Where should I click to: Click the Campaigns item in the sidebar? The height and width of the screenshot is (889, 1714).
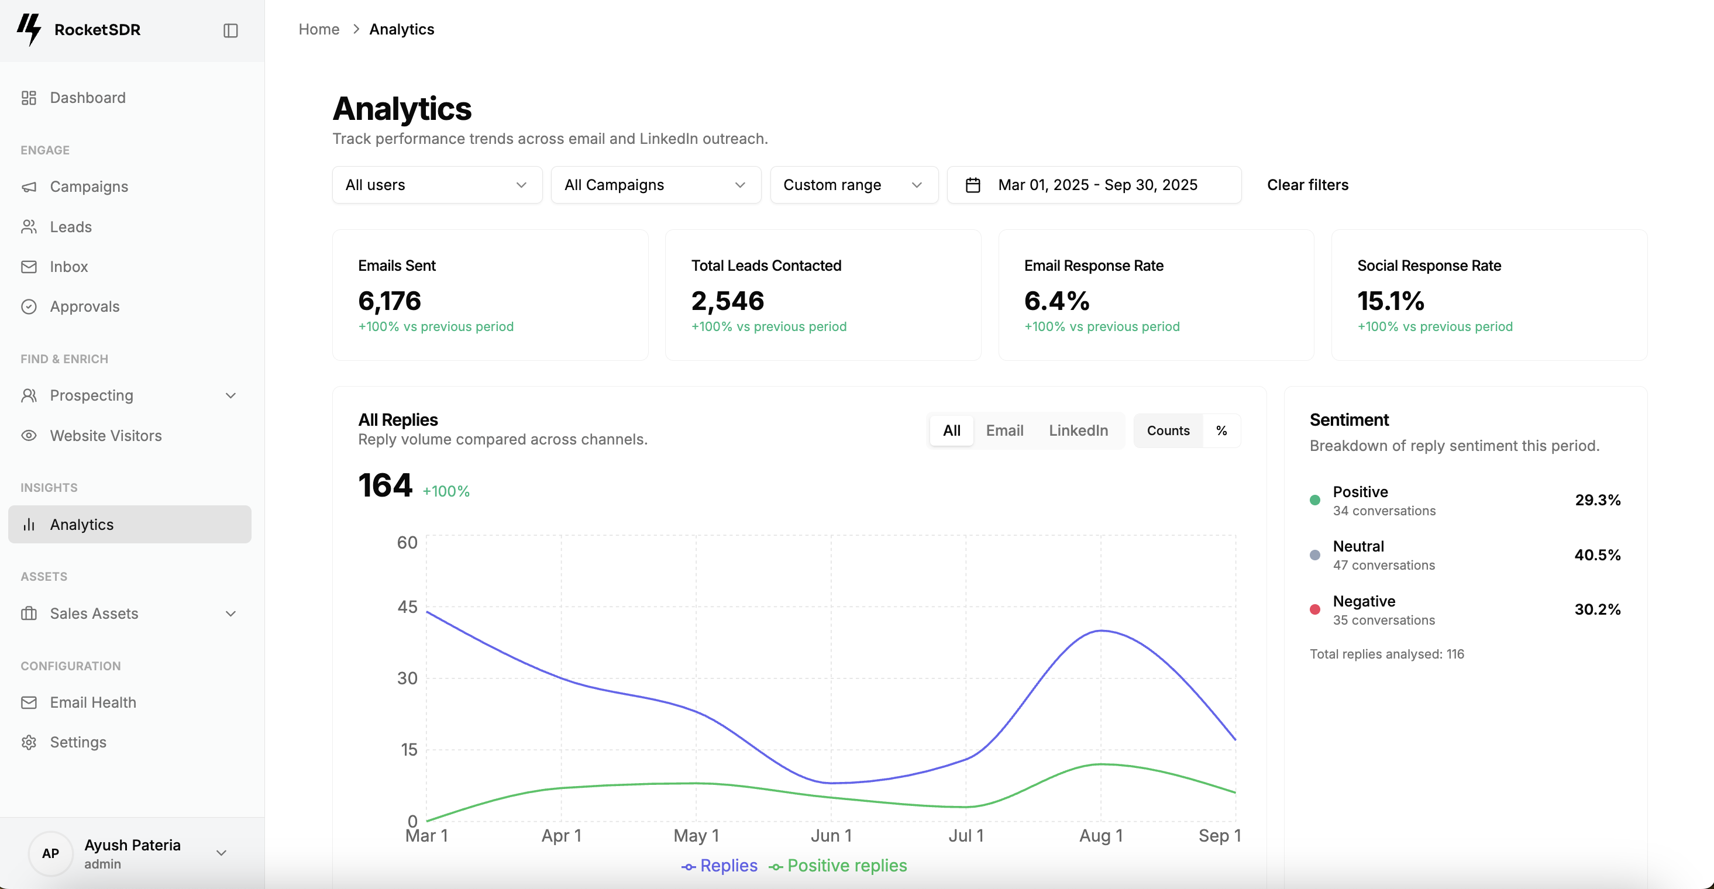pos(88,187)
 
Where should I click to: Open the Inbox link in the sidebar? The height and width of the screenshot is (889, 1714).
pos(68,267)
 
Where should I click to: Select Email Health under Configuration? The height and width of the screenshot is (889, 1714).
pos(92,702)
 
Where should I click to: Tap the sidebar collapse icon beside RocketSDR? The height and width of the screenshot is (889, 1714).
pos(230,30)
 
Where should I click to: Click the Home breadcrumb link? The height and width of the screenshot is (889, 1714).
pos(319,29)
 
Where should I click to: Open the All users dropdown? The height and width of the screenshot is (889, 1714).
pos(436,185)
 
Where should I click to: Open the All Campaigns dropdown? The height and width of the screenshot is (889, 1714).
pos(655,185)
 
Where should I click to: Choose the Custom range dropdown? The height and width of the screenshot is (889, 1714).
pos(853,185)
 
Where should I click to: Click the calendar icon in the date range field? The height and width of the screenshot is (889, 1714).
pos(973,185)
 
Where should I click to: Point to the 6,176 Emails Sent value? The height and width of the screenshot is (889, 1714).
pos(389,301)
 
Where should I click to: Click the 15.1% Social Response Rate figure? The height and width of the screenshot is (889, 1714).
pos(1390,301)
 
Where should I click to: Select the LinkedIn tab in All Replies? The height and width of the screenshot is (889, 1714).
pos(1078,430)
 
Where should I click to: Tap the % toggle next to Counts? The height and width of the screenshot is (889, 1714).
pos(1221,430)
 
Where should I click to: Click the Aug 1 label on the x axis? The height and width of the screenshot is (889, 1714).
pos(1100,836)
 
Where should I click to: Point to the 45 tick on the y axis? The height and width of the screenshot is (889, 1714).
pos(407,607)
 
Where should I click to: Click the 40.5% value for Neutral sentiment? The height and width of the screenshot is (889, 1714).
pos(1597,555)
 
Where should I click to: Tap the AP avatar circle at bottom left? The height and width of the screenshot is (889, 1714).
pos(50,853)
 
